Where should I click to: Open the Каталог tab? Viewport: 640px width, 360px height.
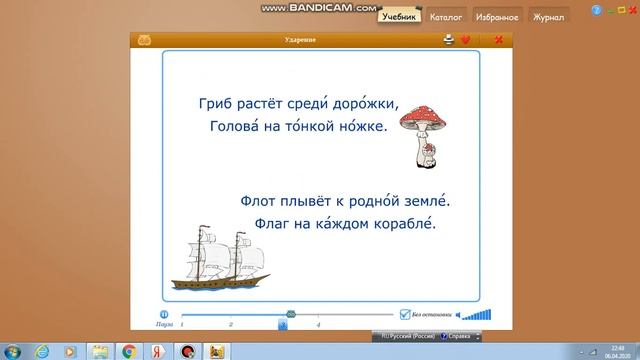[x=445, y=17]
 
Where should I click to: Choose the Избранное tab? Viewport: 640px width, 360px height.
[x=496, y=17]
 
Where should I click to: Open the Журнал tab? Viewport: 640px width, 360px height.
[x=548, y=17]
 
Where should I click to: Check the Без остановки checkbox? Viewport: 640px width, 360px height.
[x=405, y=312]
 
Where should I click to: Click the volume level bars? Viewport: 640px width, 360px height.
[x=481, y=313]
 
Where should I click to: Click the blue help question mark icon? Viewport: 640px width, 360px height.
[x=597, y=10]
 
